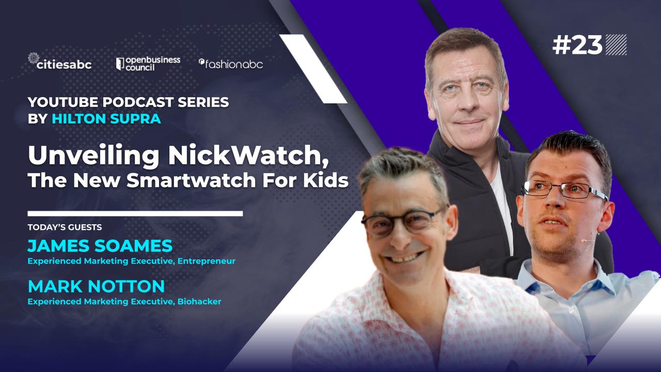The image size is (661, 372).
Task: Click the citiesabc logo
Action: (x=60, y=61)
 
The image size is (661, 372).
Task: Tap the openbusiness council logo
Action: (x=148, y=64)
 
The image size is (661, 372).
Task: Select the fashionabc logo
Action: (x=231, y=64)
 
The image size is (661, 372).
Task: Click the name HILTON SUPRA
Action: (x=106, y=119)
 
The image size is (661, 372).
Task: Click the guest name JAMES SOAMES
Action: (x=100, y=245)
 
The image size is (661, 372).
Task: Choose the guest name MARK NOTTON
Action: (x=96, y=286)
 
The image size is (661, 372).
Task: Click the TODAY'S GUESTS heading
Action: (x=65, y=227)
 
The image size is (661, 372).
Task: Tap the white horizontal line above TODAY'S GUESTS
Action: (x=135, y=213)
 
